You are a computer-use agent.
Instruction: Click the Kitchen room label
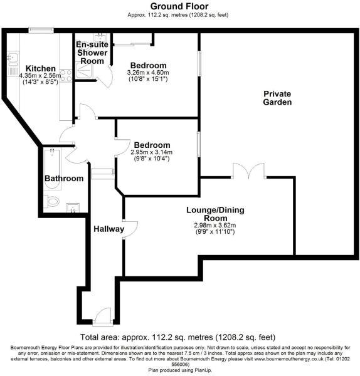[40, 68]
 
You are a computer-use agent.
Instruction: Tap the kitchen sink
[11, 58]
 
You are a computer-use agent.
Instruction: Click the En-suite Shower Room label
[91, 53]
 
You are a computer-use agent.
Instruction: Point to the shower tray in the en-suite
[85, 73]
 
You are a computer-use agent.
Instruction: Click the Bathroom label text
[63, 179]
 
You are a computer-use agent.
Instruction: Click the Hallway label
[109, 230]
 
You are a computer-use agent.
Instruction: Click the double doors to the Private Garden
[241, 171]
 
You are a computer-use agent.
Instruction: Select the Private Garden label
[277, 98]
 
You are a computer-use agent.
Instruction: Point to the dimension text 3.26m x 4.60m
[148, 73]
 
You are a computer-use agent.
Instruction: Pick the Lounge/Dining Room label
[211, 215]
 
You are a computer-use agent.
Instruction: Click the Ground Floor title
[179, 6]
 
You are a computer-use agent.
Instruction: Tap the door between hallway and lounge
[130, 227]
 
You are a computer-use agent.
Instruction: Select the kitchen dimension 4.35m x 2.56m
[40, 76]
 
